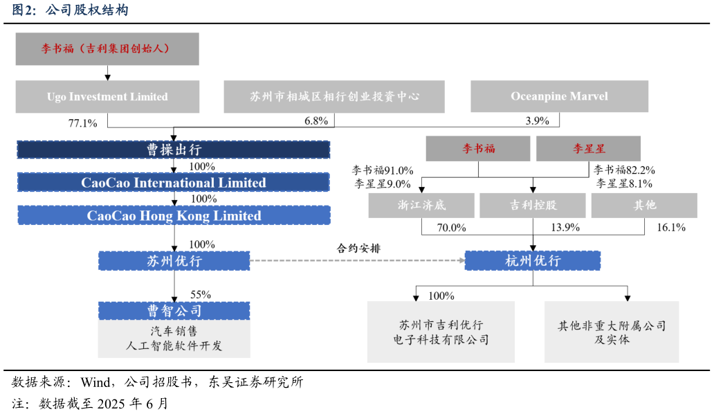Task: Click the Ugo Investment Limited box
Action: (x=107, y=97)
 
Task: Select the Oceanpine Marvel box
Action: (x=559, y=96)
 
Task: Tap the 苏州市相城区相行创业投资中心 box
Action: (x=334, y=96)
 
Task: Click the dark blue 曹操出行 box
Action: (x=174, y=150)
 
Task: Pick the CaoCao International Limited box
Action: (x=174, y=183)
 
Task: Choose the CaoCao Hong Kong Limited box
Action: (x=174, y=215)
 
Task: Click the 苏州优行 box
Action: (x=174, y=261)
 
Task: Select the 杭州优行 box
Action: (x=532, y=261)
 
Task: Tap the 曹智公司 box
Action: (x=174, y=311)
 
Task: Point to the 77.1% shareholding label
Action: (x=82, y=123)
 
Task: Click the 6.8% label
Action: (x=316, y=120)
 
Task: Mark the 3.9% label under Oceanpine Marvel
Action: (x=537, y=120)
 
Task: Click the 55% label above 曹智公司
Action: (x=200, y=294)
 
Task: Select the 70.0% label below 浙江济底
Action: (x=451, y=227)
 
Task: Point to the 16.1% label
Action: (x=670, y=227)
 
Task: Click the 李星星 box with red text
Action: (x=588, y=149)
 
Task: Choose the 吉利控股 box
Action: (x=532, y=205)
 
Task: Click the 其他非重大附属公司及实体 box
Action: (x=612, y=332)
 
